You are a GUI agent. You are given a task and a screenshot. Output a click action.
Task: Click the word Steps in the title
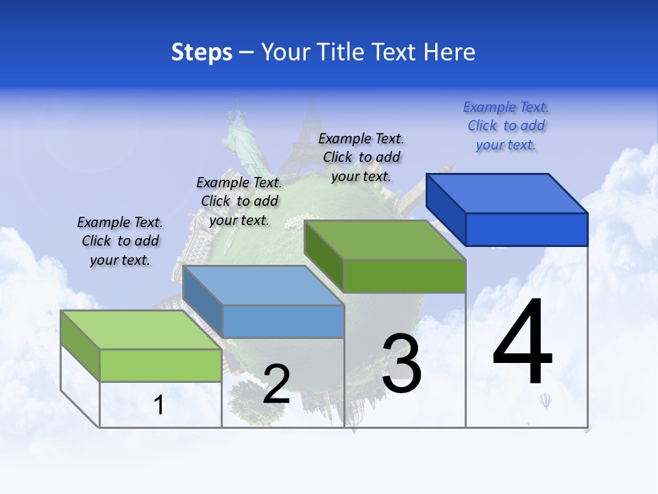tap(202, 52)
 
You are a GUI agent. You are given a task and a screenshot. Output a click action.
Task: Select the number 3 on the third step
tap(402, 364)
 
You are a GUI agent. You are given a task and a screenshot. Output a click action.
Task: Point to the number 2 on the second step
tap(276, 384)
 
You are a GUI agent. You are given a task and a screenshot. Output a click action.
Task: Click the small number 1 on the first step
tap(159, 405)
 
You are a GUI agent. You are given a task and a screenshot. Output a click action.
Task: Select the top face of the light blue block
tap(264, 285)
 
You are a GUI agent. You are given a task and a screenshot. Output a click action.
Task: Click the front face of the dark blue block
tap(526, 229)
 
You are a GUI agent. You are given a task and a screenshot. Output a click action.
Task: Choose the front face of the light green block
tap(160, 365)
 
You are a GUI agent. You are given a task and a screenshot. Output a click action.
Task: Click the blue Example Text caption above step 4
tap(506, 126)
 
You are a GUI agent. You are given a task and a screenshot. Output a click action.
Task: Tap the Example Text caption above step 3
tap(361, 157)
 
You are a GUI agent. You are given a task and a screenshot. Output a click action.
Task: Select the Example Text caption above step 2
tap(239, 201)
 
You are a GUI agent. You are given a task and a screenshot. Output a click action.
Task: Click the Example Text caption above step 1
tap(120, 241)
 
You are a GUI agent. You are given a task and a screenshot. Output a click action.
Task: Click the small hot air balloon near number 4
tap(545, 401)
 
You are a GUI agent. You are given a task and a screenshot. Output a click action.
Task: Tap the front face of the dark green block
tap(404, 276)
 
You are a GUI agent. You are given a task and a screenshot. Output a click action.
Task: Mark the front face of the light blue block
tap(283, 321)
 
